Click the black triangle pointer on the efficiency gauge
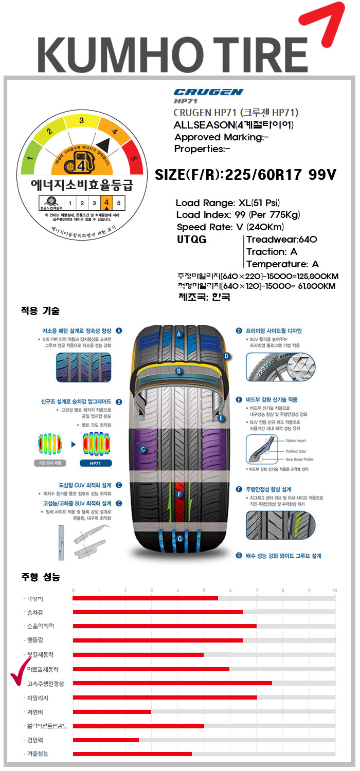click(102, 144)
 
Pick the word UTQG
click(191, 240)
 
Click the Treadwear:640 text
click(281, 240)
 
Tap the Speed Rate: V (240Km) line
click(230, 227)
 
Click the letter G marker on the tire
click(179, 539)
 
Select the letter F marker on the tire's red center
click(179, 494)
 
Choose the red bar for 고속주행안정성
click(172, 683)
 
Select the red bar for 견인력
click(106, 740)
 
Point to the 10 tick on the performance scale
click(334, 590)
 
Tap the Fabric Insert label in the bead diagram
click(296, 440)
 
